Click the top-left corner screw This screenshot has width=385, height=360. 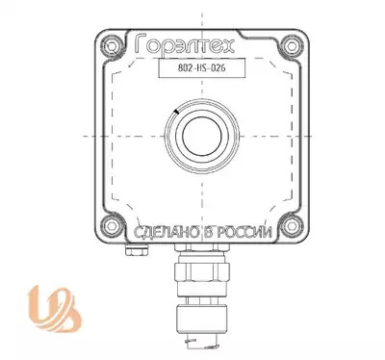click(112, 46)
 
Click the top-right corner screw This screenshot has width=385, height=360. click(292, 46)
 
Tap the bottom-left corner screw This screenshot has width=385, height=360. click(112, 225)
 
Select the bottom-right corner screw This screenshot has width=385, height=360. click(292, 225)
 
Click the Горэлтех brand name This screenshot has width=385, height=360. click(185, 43)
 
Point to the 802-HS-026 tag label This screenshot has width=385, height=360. click(202, 68)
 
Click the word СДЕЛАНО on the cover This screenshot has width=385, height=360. click(166, 232)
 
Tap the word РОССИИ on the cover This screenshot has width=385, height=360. click(244, 232)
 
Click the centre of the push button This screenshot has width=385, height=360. click(202, 136)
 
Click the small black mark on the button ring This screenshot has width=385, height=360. click(175, 112)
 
